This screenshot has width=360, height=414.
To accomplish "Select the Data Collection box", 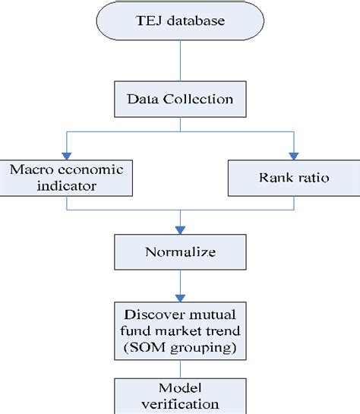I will pos(179,100).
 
